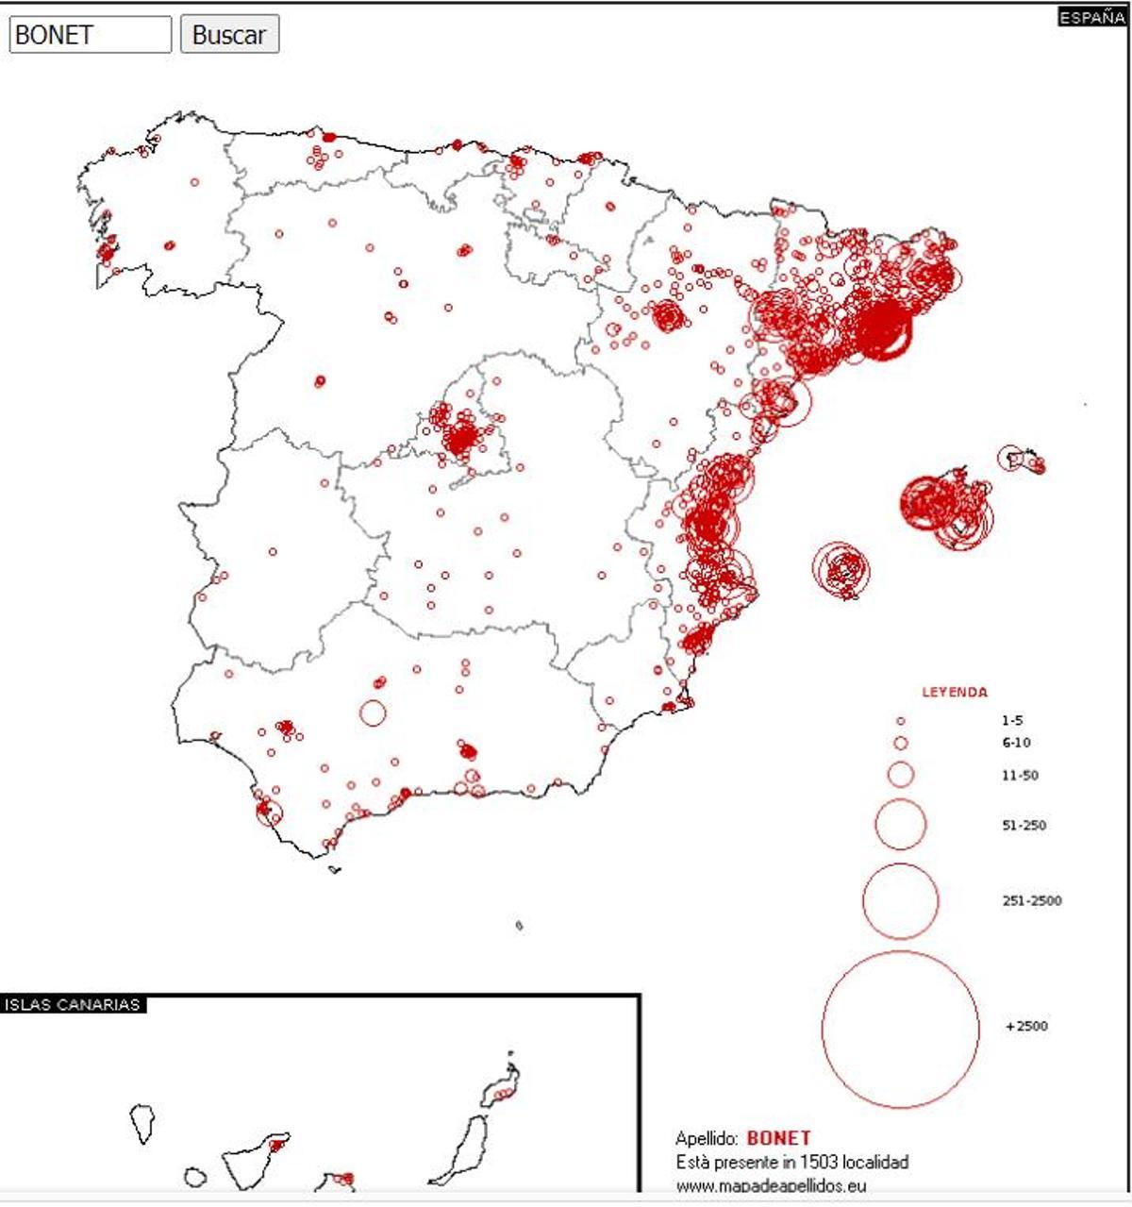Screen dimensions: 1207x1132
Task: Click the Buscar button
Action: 229,35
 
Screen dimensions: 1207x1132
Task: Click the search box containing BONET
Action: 90,35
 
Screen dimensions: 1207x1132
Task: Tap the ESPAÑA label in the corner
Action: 1091,18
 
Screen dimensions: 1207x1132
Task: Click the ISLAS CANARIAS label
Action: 72,1005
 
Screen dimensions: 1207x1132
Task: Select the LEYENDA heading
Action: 955,692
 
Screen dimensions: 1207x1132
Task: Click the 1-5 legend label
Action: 1012,720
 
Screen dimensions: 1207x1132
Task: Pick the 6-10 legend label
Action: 1016,743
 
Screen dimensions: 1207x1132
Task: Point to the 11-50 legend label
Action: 1020,776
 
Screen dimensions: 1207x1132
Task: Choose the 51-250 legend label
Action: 1024,826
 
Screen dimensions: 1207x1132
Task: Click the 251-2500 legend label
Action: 1031,901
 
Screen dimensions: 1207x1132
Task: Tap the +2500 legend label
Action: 1026,1026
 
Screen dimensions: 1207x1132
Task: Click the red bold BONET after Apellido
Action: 778,1138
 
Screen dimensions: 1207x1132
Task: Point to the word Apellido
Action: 707,1139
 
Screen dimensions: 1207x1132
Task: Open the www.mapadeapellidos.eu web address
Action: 771,1185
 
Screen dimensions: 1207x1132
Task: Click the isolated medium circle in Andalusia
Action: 373,712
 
